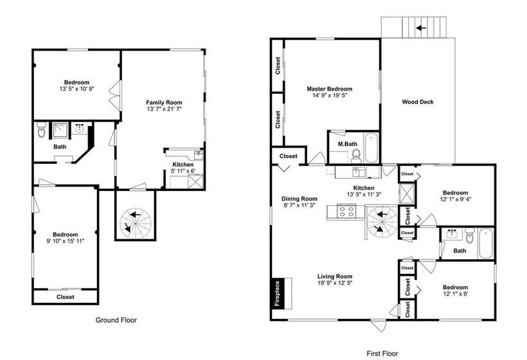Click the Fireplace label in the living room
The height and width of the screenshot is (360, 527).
277,293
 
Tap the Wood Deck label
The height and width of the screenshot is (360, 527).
418,102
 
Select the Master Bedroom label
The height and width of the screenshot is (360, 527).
329,89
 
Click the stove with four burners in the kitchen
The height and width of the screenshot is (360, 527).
346,212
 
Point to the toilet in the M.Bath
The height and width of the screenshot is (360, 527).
356,156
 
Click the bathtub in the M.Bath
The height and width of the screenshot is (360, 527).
371,148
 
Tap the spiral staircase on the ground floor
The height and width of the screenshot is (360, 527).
136,222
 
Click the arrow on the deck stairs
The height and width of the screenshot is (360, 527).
421,28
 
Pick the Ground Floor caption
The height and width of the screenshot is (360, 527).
116,320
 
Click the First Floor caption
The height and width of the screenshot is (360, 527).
382,354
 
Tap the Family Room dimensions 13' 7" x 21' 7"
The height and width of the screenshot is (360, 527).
164,109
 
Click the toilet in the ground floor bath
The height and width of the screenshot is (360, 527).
41,129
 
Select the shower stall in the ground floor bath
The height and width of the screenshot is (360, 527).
60,130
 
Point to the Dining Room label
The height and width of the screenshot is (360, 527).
299,199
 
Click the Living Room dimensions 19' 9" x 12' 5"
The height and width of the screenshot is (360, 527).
335,283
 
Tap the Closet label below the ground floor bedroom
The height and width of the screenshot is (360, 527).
65,297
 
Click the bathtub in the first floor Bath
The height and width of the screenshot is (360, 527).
486,243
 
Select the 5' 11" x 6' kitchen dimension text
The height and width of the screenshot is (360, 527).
183,171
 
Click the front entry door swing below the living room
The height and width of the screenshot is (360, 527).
379,325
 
